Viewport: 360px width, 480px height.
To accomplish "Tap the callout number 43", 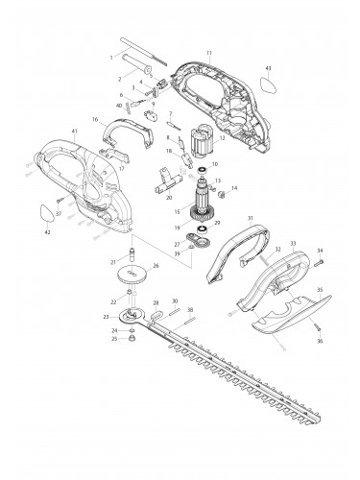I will click(x=269, y=69).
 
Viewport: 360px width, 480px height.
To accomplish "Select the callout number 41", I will click(x=47, y=131).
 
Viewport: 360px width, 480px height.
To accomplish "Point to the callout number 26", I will click(x=156, y=266).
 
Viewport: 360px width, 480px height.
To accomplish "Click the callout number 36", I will click(x=321, y=340).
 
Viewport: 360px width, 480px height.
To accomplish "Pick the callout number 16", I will click(x=97, y=120).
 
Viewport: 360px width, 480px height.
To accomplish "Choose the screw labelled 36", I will click(x=316, y=328).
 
